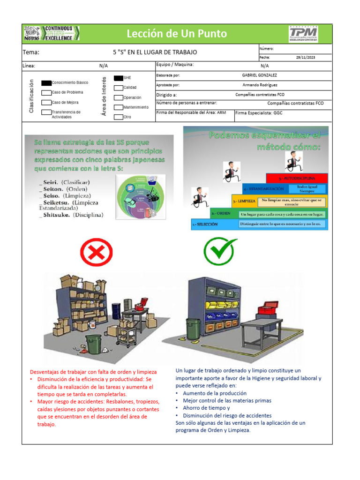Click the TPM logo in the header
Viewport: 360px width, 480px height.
(x=303, y=33)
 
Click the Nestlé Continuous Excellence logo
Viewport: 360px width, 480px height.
(x=51, y=33)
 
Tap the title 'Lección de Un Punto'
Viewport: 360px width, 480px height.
(x=177, y=33)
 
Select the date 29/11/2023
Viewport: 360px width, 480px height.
(x=306, y=57)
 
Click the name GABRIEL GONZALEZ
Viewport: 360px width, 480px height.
(x=259, y=75)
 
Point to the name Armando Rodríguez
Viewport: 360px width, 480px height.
(x=260, y=85)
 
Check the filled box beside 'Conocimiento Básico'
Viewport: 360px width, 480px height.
(x=46, y=82)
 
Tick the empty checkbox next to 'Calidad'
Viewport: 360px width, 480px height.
(x=118, y=88)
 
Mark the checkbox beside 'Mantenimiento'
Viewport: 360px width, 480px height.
(x=118, y=107)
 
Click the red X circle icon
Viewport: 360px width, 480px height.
(x=97, y=253)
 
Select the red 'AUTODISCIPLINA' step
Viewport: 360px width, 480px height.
(x=297, y=178)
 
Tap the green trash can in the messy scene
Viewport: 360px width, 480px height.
(x=93, y=345)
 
